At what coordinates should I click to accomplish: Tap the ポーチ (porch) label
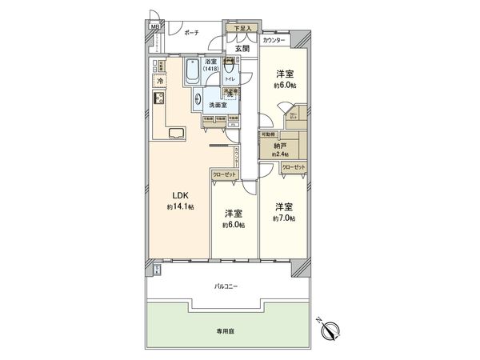[x=191, y=34]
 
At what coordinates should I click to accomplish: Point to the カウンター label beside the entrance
[x=274, y=38]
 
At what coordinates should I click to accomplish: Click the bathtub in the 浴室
[x=193, y=75]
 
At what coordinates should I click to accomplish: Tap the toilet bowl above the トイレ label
[x=228, y=67]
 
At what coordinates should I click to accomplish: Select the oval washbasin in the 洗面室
[x=197, y=99]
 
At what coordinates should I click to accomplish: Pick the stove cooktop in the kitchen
[x=158, y=100]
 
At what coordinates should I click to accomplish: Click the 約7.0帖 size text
[x=284, y=218]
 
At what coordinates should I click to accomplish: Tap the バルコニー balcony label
[x=226, y=286]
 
